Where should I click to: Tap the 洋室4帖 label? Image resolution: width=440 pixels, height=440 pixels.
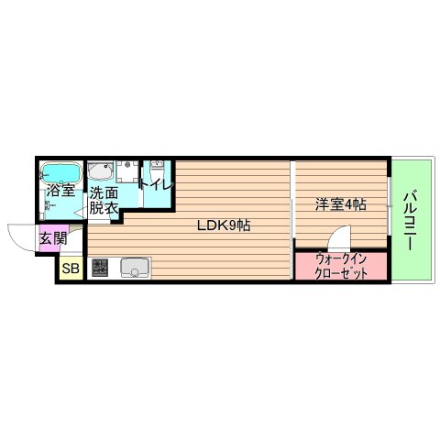point(342,204)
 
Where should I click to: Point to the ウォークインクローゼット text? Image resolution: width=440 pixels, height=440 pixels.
point(341,266)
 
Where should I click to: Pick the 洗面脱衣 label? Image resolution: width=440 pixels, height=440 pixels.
point(103,201)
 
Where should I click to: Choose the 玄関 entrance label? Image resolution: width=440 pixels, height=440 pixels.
point(51,238)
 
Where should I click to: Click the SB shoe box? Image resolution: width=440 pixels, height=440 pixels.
point(71,269)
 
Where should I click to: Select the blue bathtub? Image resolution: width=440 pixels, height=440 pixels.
point(61,171)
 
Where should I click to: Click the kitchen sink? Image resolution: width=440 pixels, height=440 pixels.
point(135,269)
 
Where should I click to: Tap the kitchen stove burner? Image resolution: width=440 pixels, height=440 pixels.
point(100,269)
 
